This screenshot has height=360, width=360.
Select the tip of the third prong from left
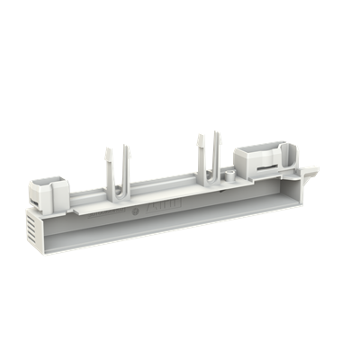[198, 136]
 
